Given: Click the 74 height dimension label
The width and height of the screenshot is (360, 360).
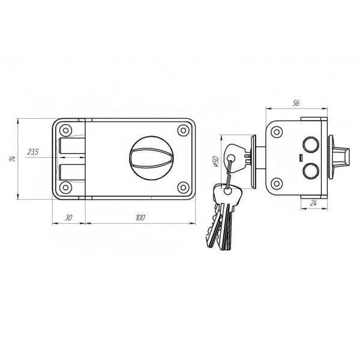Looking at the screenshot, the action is pyautogui.click(x=13, y=158).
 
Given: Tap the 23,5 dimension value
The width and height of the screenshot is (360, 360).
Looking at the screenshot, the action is pyautogui.click(x=33, y=152).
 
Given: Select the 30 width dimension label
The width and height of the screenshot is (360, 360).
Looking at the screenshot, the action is pyautogui.click(x=68, y=217).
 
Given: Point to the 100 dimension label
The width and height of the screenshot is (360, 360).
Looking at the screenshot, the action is pyautogui.click(x=140, y=217).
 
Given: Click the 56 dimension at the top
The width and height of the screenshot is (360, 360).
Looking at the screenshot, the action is pyautogui.click(x=296, y=103).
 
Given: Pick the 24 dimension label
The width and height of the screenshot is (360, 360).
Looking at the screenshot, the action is pyautogui.click(x=313, y=203).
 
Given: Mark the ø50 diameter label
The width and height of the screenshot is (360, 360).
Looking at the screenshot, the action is pyautogui.click(x=215, y=161).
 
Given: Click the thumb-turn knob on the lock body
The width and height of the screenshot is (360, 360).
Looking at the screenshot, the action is pyautogui.click(x=151, y=158).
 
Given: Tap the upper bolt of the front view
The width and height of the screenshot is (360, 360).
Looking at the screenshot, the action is pyautogui.click(x=72, y=146).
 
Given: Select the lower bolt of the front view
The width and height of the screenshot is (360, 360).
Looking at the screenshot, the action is pyautogui.click(x=72, y=172).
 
